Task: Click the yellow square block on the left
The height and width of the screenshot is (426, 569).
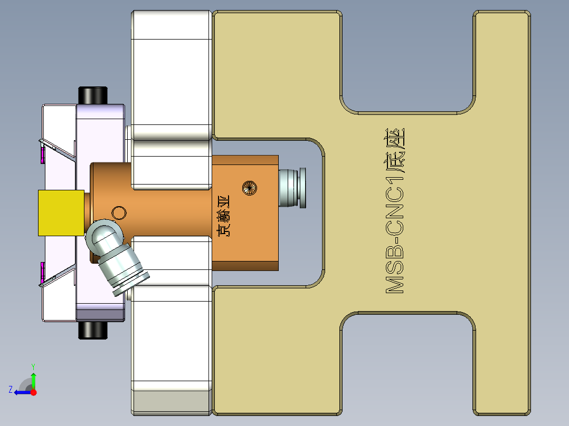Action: (x=61, y=212)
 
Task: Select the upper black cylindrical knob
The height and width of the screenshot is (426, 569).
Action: (x=93, y=95)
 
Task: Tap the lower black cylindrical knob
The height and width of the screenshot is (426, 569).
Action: (x=93, y=330)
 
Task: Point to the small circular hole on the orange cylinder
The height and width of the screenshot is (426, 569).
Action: (x=119, y=212)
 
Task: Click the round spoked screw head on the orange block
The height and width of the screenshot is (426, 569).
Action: (x=249, y=187)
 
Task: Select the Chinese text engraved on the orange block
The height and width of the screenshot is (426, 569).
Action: (x=224, y=216)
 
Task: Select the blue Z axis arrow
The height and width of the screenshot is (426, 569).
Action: (x=22, y=392)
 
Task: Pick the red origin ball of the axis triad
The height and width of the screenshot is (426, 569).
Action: (x=34, y=392)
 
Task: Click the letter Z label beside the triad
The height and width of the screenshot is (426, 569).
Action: (x=11, y=390)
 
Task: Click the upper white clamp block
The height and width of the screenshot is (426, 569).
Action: (x=170, y=74)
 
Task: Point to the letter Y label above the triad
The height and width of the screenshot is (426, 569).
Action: (x=33, y=365)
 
